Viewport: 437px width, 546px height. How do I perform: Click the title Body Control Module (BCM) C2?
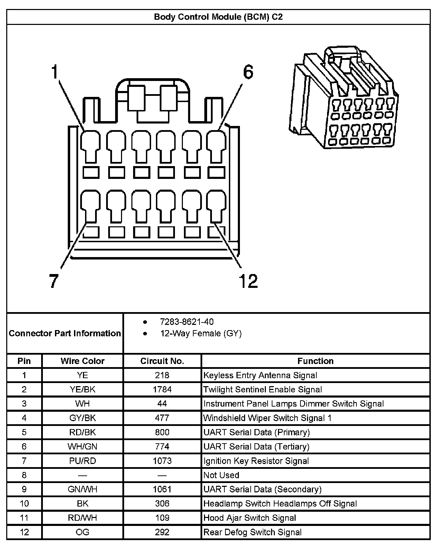(x=218, y=17)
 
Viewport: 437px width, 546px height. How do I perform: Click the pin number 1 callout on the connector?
(x=54, y=72)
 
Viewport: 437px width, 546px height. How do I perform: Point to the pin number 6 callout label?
(x=248, y=72)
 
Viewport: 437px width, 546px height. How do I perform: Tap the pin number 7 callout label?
(x=53, y=281)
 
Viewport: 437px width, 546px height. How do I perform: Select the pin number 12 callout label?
(x=248, y=281)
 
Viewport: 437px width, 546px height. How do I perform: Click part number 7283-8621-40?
(x=187, y=322)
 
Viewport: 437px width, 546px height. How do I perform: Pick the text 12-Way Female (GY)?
(x=201, y=334)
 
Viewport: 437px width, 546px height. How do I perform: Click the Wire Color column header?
(x=82, y=361)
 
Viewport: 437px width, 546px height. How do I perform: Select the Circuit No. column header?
(x=162, y=361)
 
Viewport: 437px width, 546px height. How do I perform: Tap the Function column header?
(x=315, y=361)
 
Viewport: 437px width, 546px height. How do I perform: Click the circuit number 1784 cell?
(x=162, y=389)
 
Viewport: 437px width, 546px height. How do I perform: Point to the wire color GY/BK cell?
(x=82, y=418)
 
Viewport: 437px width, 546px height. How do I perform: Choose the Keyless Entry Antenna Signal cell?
(x=260, y=375)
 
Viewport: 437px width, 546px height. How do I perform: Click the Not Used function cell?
(x=221, y=475)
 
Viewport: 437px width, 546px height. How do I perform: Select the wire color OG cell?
(x=82, y=532)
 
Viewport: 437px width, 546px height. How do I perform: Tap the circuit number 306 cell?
(x=162, y=503)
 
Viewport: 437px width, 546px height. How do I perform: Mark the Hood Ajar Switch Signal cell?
(x=250, y=518)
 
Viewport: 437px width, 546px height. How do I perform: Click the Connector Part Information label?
(x=65, y=333)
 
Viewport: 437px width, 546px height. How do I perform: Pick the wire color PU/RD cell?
(x=82, y=461)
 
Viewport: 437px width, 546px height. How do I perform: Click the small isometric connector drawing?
(x=343, y=99)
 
